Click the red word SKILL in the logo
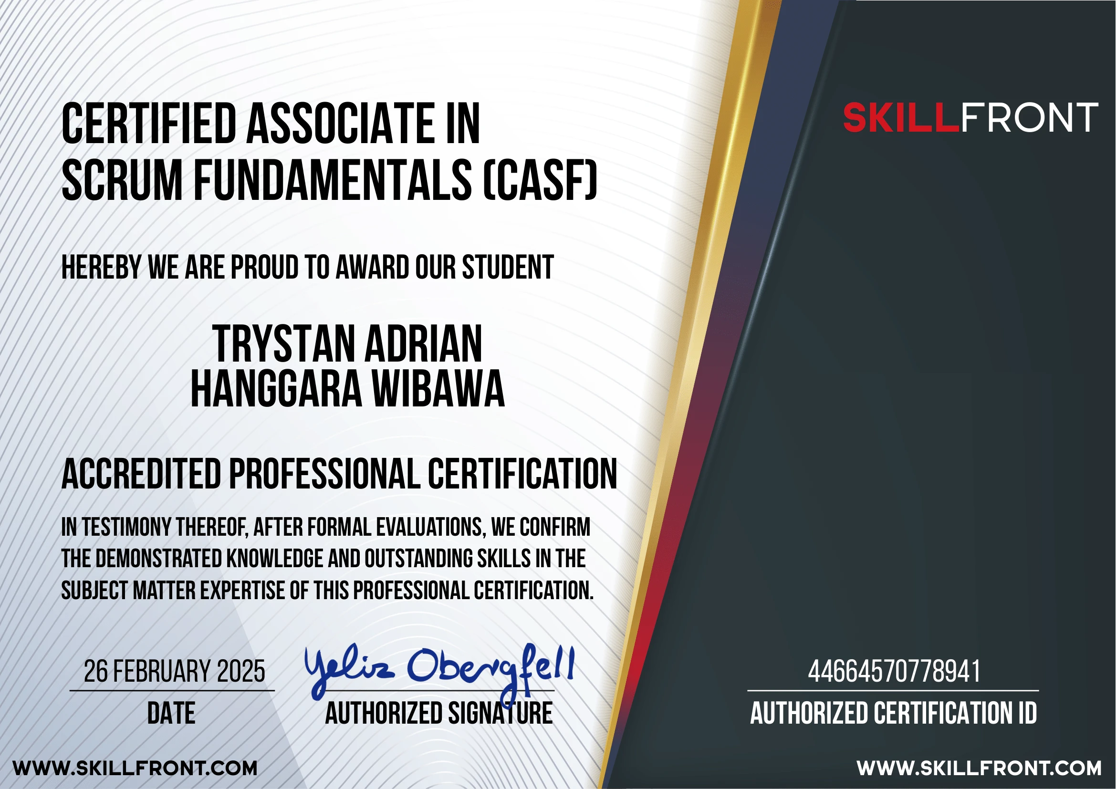[x=901, y=118]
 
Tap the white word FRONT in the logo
[x=1029, y=118]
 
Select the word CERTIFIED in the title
[x=148, y=124]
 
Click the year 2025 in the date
[x=240, y=672]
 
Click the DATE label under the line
[x=171, y=713]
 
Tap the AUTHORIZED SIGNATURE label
[x=439, y=713]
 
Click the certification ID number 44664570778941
[x=894, y=672]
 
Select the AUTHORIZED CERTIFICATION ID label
[x=893, y=713]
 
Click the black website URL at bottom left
[x=135, y=768]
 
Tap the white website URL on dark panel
[x=979, y=768]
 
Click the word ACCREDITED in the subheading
[x=141, y=474]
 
